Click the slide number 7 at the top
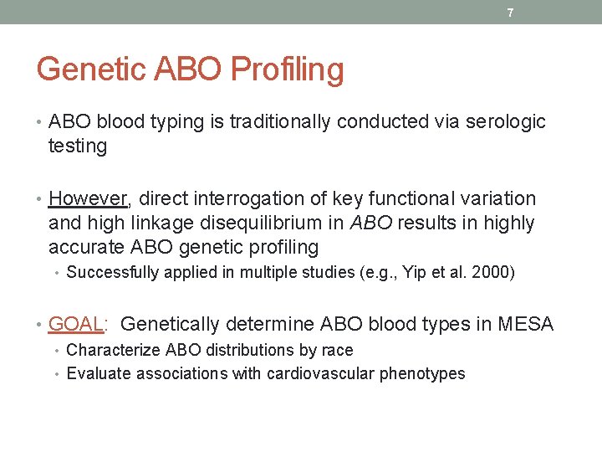tap(509, 13)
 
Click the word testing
tap(78, 146)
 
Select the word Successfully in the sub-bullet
tap(111, 272)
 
